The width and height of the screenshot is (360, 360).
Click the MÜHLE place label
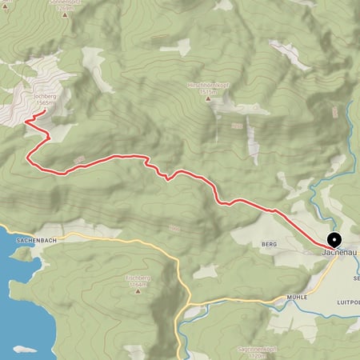tap(274, 296)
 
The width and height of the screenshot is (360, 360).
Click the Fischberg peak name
tap(138, 278)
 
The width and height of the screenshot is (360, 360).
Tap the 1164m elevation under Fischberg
tap(138, 284)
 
